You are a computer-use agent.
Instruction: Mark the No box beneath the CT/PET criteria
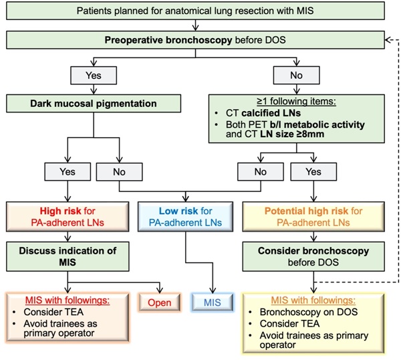259,172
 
